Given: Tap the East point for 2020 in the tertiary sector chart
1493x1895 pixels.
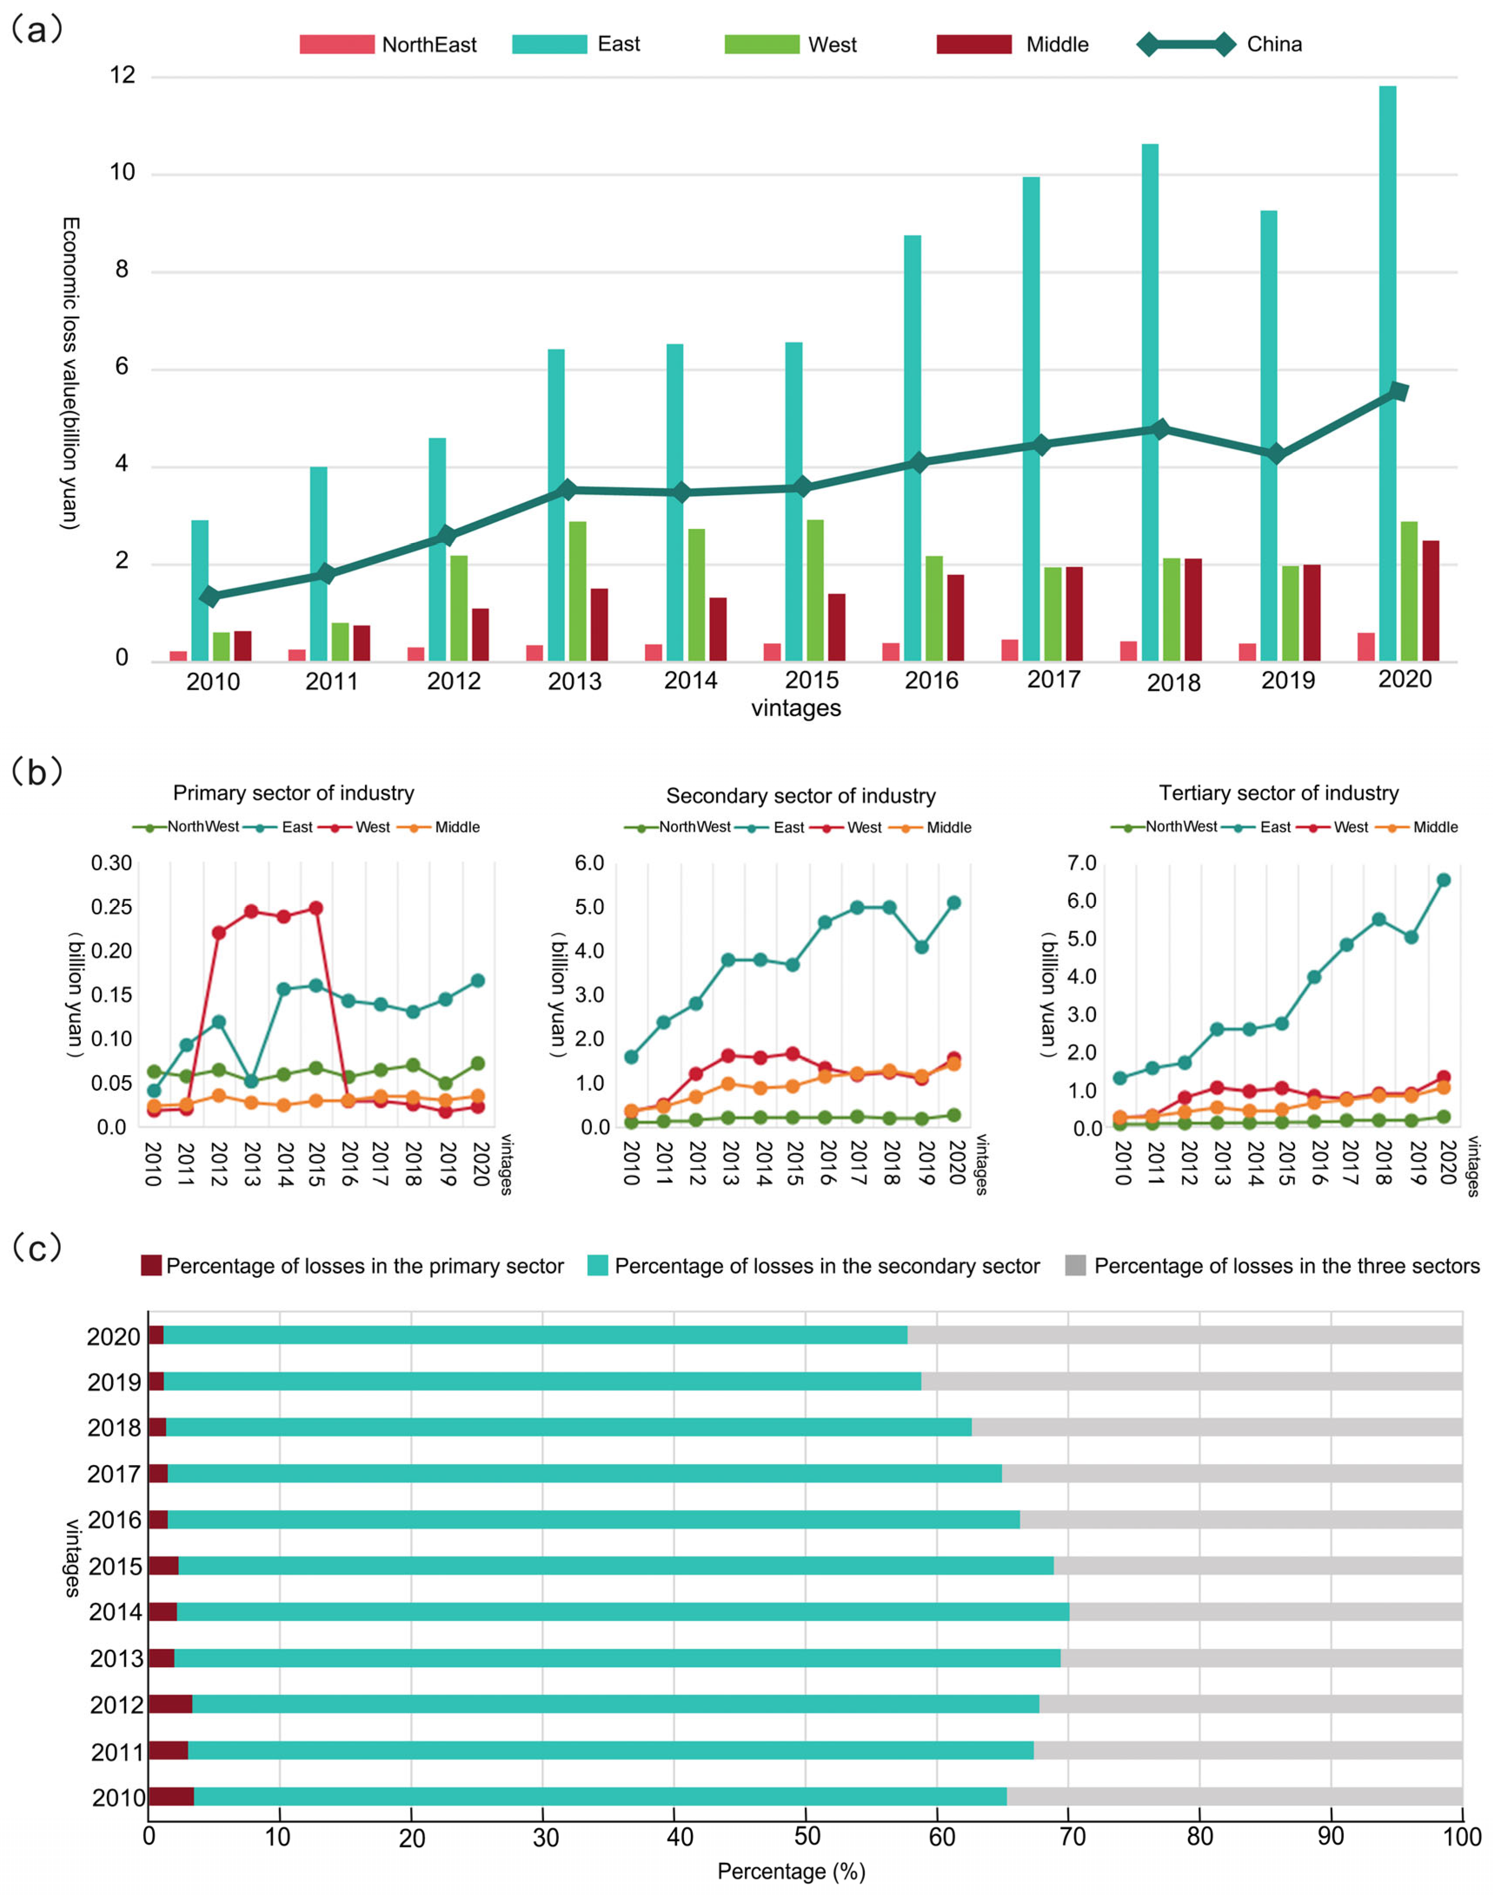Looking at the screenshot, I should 1443,879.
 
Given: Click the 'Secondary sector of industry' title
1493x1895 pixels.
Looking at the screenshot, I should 801,796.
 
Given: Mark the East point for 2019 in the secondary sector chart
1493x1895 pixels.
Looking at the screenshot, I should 922,947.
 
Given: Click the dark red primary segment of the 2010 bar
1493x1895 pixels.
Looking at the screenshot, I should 171,1796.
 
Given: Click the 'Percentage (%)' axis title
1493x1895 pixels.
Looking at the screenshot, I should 791,1872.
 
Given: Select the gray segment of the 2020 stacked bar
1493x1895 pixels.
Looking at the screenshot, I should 1184,1335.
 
